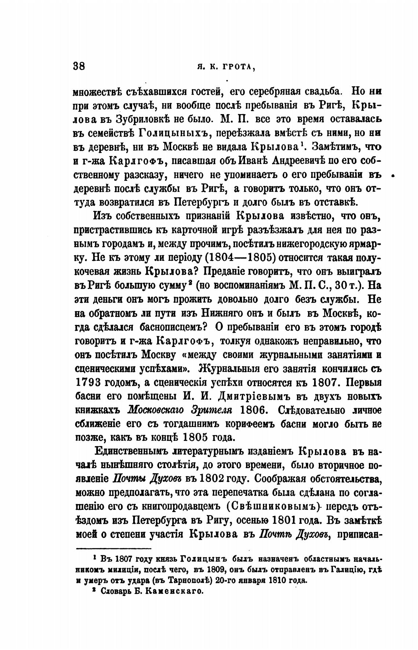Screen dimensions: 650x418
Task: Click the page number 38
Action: (x=79, y=66)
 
